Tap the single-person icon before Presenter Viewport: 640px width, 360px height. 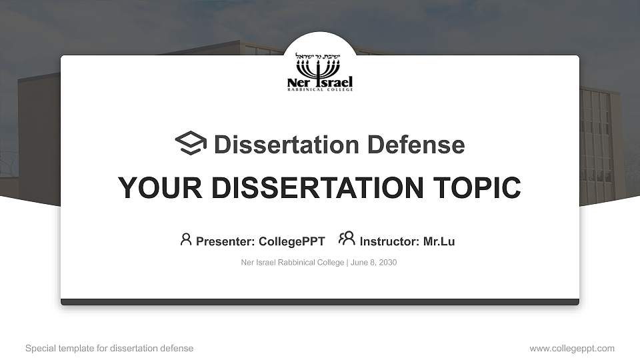click(186, 239)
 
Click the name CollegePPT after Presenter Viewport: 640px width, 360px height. click(291, 241)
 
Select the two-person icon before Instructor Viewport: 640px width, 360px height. click(347, 239)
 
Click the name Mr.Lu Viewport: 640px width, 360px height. click(439, 241)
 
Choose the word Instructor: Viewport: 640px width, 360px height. click(389, 241)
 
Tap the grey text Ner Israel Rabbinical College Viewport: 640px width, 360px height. click(292, 263)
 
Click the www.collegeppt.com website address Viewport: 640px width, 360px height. click(572, 349)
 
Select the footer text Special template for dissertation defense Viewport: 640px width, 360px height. click(109, 349)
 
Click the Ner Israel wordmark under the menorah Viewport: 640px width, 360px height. click(320, 83)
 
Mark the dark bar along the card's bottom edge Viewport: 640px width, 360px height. click(320, 302)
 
